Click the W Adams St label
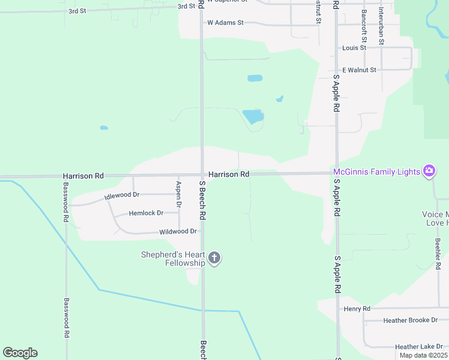225,23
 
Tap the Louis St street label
354,47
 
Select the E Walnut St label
359,70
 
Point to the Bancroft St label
364,22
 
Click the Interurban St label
381,27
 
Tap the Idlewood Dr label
121,196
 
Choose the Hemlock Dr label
146,213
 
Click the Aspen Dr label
178,194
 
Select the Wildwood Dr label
178,232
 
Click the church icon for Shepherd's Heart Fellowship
214,259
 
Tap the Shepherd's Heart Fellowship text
173,259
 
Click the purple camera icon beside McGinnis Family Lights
429,172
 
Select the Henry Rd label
357,308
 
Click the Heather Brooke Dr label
411,320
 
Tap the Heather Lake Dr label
418,347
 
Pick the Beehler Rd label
438,251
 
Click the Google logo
20,353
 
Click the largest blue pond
253,116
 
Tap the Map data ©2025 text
423,355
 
